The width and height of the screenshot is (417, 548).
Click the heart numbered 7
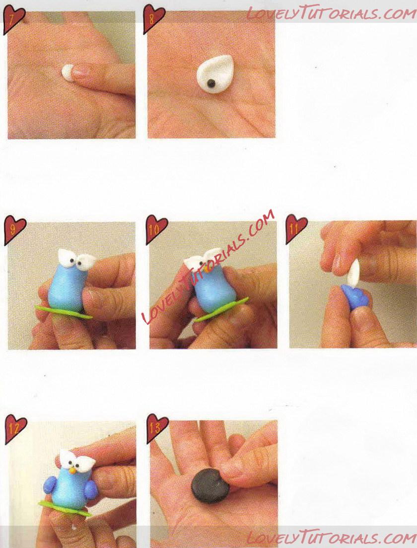point(13,19)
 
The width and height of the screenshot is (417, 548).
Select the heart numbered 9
point(14,230)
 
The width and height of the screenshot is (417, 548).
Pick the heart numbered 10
point(156,229)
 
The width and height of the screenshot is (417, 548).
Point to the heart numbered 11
point(296,229)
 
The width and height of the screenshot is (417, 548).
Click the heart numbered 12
point(15,429)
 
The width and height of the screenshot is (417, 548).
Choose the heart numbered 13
point(157,428)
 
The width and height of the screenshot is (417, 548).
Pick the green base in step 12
point(65,507)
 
